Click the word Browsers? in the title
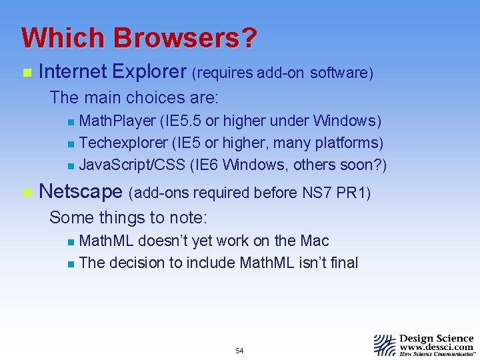click(186, 38)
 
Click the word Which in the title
click(65, 38)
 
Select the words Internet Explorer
click(113, 71)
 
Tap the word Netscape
click(81, 192)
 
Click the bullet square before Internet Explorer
click(26, 72)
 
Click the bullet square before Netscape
click(26, 193)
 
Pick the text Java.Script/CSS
click(133, 165)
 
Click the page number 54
click(239, 351)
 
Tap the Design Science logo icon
click(385, 345)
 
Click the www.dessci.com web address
click(437, 347)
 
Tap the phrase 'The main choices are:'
click(134, 98)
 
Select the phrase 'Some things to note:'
click(129, 217)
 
